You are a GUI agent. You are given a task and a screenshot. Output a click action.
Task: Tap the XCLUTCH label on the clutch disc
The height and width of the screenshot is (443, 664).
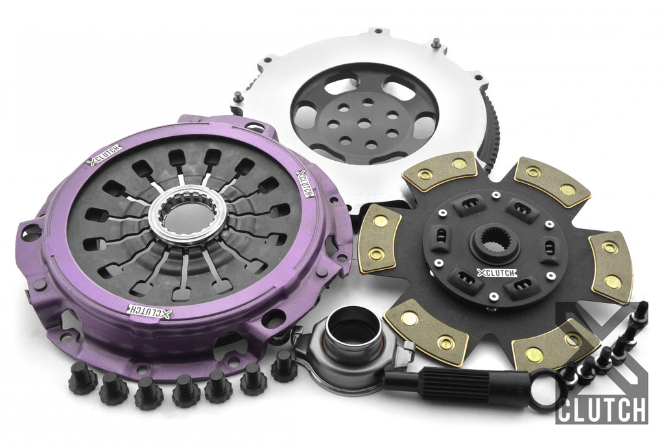pos(496,273)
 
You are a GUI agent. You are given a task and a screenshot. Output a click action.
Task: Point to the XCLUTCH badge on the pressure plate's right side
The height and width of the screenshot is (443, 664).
pos(305,184)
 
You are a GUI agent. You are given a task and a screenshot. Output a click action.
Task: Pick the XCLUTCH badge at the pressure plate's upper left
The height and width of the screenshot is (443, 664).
pos(104,155)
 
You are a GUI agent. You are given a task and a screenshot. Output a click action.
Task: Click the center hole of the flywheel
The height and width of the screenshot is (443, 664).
pos(362,124)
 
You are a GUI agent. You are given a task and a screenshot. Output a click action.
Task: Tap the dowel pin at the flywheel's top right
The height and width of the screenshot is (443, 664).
pos(435,42)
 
